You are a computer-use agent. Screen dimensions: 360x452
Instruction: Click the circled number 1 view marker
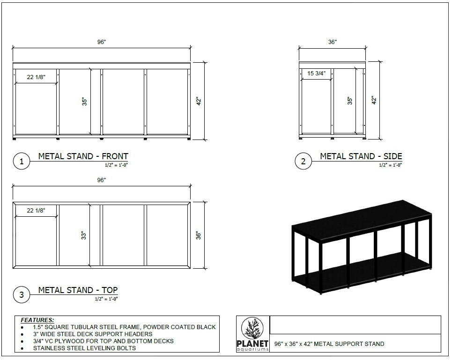click(22, 162)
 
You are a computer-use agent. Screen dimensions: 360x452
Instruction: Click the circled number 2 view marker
click(303, 162)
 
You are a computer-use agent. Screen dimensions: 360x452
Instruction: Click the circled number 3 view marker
click(22, 295)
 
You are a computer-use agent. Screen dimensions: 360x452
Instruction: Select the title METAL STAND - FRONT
click(83, 156)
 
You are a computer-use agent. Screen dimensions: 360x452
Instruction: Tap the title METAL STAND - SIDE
click(361, 156)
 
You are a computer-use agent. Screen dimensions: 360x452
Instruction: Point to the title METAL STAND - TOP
click(78, 290)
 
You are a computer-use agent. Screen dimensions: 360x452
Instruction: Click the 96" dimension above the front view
click(102, 42)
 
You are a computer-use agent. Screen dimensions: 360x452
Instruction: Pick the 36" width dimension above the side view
click(332, 42)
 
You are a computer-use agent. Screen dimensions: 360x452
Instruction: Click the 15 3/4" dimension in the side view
click(316, 73)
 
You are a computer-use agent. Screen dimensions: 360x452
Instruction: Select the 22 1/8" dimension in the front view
click(36, 77)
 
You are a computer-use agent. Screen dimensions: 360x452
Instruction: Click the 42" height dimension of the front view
click(198, 101)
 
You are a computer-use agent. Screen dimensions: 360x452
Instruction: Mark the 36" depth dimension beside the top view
click(198, 235)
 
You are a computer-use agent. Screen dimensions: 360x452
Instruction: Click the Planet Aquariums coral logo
click(253, 330)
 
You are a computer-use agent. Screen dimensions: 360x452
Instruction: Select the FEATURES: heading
click(37, 320)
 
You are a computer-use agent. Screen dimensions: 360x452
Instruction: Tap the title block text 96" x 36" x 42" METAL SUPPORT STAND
click(329, 344)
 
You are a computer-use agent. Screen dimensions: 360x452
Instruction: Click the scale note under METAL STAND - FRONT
click(116, 165)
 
